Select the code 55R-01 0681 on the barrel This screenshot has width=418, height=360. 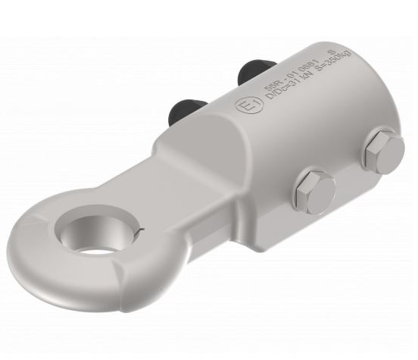coord(292,78)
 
